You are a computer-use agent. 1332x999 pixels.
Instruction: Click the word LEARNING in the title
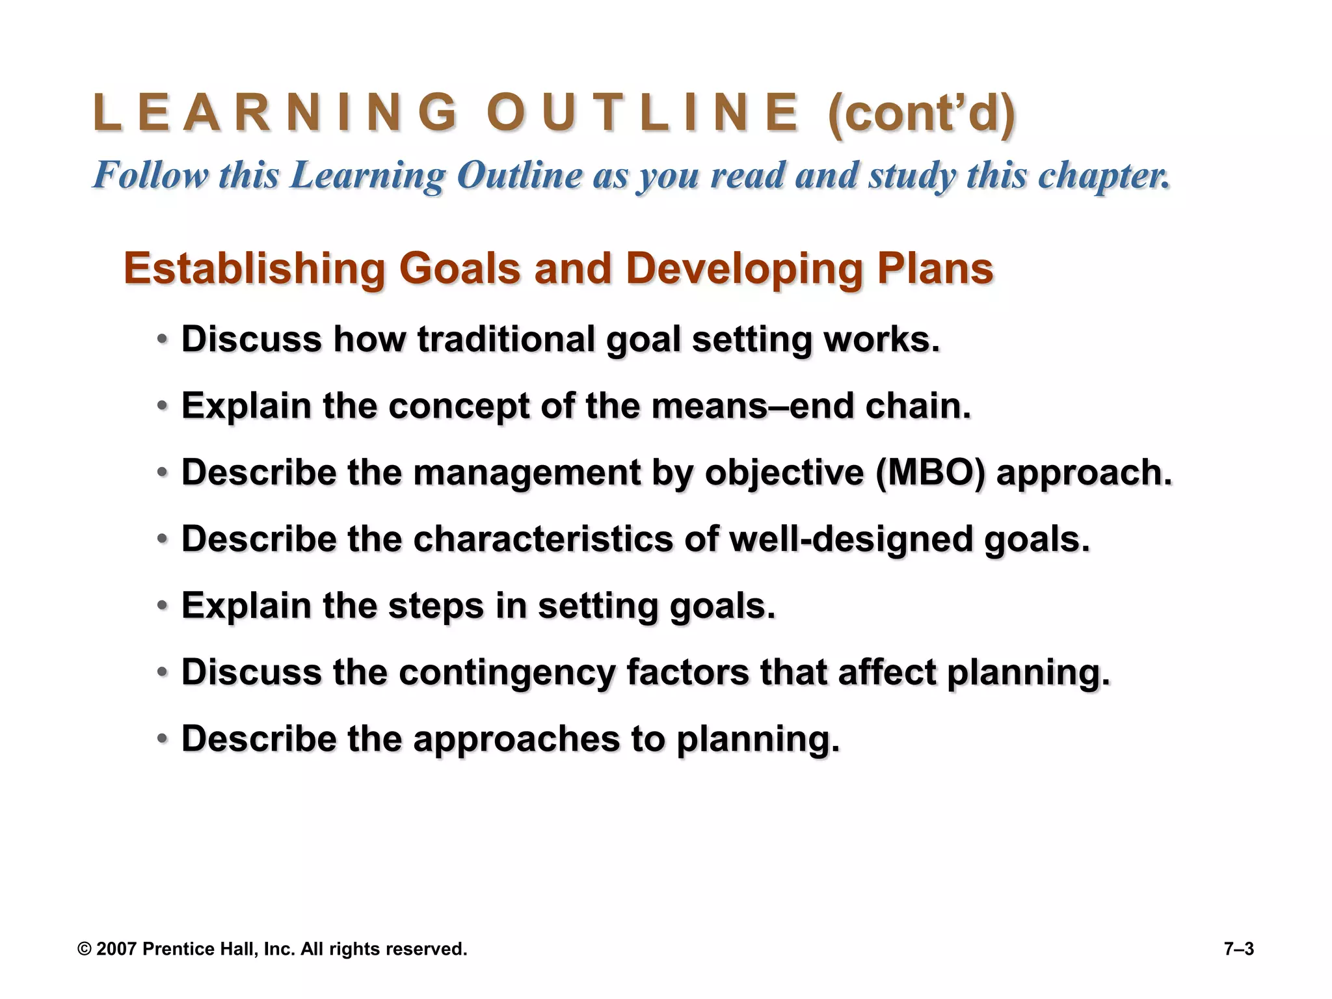[276, 113]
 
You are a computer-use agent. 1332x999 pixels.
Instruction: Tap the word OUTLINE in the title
[643, 113]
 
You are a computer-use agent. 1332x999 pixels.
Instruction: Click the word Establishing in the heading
[254, 269]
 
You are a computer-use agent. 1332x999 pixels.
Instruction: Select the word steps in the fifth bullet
[436, 606]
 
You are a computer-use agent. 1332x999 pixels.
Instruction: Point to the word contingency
[507, 673]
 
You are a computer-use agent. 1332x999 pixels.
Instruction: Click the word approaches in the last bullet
[516, 739]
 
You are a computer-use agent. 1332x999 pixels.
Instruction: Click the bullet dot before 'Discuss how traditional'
[163, 340]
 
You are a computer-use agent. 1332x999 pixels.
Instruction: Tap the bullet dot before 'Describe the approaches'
[163, 739]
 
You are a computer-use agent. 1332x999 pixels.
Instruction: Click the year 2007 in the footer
[116, 949]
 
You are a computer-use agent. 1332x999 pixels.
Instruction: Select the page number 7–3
[1238, 949]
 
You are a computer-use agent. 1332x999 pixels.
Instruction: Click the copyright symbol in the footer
[84, 949]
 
